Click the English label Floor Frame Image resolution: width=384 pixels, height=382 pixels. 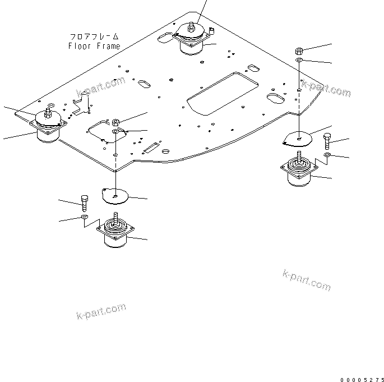click(94, 46)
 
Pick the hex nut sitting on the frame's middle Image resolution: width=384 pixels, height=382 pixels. click(115, 122)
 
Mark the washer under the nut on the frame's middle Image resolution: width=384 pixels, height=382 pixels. click(115, 131)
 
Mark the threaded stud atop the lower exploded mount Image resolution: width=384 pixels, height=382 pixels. click(115, 217)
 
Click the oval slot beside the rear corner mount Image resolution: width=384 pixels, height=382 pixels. click(166, 38)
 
